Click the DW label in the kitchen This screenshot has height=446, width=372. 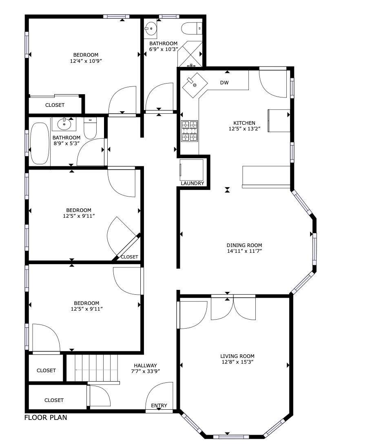click(224, 83)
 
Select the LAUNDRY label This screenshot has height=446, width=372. click(193, 183)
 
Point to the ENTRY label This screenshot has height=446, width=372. click(159, 405)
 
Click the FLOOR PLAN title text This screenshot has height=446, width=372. click(46, 417)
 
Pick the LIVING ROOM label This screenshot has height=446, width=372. click(237, 356)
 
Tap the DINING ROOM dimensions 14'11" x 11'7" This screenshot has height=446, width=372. click(244, 251)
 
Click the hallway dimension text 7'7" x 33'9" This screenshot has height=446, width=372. click(145, 371)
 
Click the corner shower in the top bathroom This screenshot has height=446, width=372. click(190, 54)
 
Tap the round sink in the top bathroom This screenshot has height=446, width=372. click(151, 28)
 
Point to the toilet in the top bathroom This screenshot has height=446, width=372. click(191, 28)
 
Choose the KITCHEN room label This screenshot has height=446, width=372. click(244, 123)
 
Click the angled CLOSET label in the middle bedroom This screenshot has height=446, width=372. click(129, 257)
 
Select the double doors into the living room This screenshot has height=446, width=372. click(233, 309)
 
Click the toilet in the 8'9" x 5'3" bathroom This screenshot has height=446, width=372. click(90, 128)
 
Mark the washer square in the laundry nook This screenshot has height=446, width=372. click(192, 170)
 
